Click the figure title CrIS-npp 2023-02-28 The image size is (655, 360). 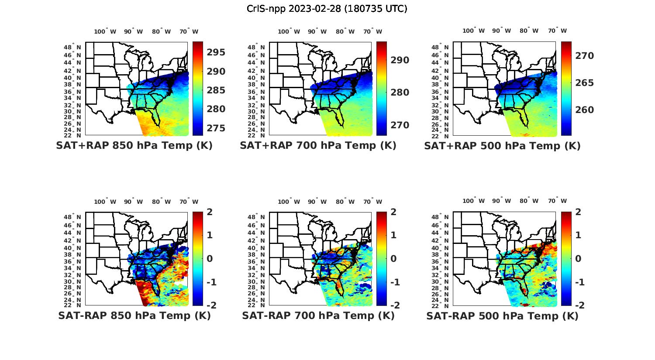[327, 8]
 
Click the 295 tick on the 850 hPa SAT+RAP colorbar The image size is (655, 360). [216, 52]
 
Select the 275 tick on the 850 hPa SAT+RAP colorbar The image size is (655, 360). [216, 128]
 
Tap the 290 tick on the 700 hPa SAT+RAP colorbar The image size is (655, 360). [400, 60]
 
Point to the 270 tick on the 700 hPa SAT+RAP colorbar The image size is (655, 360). [400, 125]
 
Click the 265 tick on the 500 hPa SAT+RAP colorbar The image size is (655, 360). [584, 83]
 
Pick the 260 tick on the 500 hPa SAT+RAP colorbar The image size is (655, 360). [584, 110]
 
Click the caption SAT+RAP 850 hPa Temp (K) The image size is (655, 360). [134, 146]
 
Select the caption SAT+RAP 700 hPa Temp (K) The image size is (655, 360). [318, 146]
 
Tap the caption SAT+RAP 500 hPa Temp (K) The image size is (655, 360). [502, 146]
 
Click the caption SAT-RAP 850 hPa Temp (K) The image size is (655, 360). [134, 316]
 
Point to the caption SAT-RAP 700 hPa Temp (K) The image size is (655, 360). [318, 316]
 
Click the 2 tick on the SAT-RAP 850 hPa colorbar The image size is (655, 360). [210, 213]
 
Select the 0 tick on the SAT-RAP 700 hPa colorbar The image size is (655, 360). [394, 259]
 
